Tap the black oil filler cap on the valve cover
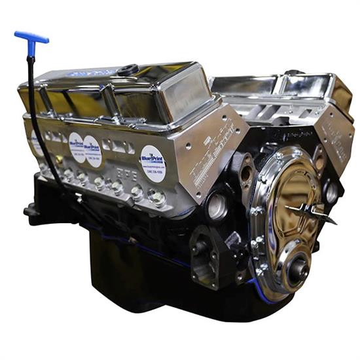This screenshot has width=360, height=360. pos(128,69)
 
